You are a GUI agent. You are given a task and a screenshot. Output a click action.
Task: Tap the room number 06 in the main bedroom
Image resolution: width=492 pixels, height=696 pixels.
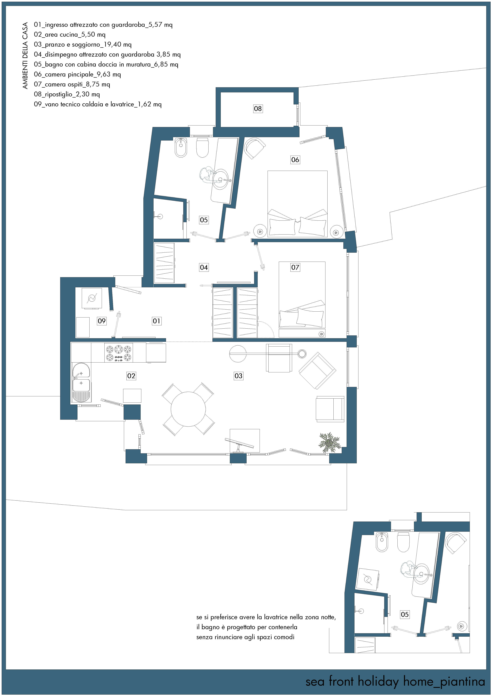(295, 160)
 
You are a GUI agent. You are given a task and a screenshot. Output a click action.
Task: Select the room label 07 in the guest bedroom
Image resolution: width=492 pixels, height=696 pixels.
(295, 267)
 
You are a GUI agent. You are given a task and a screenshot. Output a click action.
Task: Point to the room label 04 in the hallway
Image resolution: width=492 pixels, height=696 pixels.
(204, 267)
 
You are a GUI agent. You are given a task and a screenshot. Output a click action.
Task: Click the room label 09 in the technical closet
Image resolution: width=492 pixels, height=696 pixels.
(102, 321)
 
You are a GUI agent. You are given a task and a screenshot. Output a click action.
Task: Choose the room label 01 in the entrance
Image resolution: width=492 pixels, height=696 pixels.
(156, 321)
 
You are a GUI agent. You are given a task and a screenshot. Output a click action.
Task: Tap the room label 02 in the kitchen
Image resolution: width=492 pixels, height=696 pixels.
(131, 376)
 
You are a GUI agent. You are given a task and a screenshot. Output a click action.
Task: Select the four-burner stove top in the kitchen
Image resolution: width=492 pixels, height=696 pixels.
(119, 353)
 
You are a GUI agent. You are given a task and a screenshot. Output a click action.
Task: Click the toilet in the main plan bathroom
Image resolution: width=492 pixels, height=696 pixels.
(202, 148)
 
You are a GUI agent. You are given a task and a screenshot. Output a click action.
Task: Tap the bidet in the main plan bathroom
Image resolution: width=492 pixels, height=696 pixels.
(181, 148)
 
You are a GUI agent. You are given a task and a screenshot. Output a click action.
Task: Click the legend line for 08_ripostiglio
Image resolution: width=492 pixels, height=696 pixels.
(67, 94)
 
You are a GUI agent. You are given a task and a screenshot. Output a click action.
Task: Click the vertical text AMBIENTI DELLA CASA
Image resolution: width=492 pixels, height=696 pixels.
(25, 55)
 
